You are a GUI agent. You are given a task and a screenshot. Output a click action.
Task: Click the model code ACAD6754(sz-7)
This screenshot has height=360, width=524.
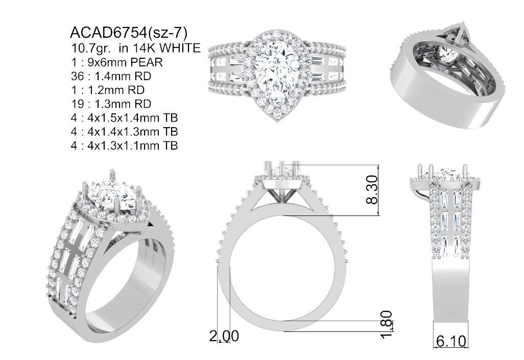tap(129, 33)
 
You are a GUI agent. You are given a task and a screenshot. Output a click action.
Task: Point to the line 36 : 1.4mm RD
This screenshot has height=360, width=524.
tap(111, 76)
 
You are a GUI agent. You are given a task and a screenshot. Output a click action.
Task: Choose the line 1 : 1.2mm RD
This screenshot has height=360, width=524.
tap(108, 90)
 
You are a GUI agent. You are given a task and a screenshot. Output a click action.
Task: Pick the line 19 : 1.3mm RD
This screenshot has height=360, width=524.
tap(111, 104)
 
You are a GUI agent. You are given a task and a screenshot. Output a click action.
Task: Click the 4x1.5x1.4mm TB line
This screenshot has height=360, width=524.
tap(124, 117)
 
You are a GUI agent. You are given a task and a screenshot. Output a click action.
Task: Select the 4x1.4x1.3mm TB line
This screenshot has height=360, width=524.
tap(124, 132)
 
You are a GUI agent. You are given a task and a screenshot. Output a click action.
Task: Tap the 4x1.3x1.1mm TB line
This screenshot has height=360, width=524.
tap(124, 146)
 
